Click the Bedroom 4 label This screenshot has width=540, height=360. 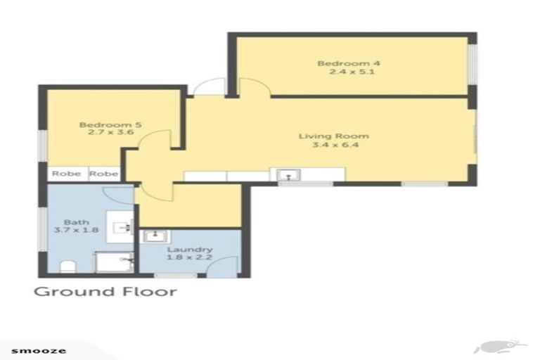tap(349, 63)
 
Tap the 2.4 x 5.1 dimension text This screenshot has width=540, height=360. tap(352, 72)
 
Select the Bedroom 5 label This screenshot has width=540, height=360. tap(110, 124)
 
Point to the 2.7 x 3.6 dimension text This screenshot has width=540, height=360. tap(111, 132)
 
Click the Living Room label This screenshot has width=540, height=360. tap(334, 136)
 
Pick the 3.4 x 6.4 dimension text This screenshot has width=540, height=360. tap(335, 145)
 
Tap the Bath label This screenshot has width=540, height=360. tap(77, 222)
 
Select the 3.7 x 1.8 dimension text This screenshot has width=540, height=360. tap(77, 230)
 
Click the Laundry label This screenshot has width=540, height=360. tap(190, 250)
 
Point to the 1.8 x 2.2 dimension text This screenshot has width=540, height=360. tap(189, 257)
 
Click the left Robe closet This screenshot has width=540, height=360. tap(67, 174)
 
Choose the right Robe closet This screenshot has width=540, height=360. tap(104, 174)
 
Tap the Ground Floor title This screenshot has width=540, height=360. tap(105, 291)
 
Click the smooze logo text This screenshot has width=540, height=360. tap(39, 351)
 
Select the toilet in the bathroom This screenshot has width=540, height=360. tap(67, 266)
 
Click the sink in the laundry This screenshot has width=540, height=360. tap(155, 236)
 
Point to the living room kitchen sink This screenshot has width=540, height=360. tap(288, 175)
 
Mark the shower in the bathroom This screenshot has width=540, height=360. tap(114, 262)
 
